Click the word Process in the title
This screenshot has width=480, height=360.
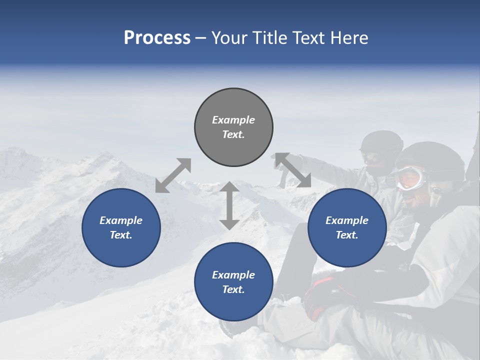157,38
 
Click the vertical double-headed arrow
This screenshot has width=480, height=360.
229,205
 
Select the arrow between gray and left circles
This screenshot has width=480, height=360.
173,175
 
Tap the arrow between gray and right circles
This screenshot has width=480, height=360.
293,170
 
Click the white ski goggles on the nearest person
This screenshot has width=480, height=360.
411,177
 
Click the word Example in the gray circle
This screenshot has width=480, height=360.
233,120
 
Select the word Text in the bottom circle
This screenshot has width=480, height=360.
232,289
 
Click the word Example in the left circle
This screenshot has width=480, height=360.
121,220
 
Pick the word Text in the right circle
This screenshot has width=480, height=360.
345,235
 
